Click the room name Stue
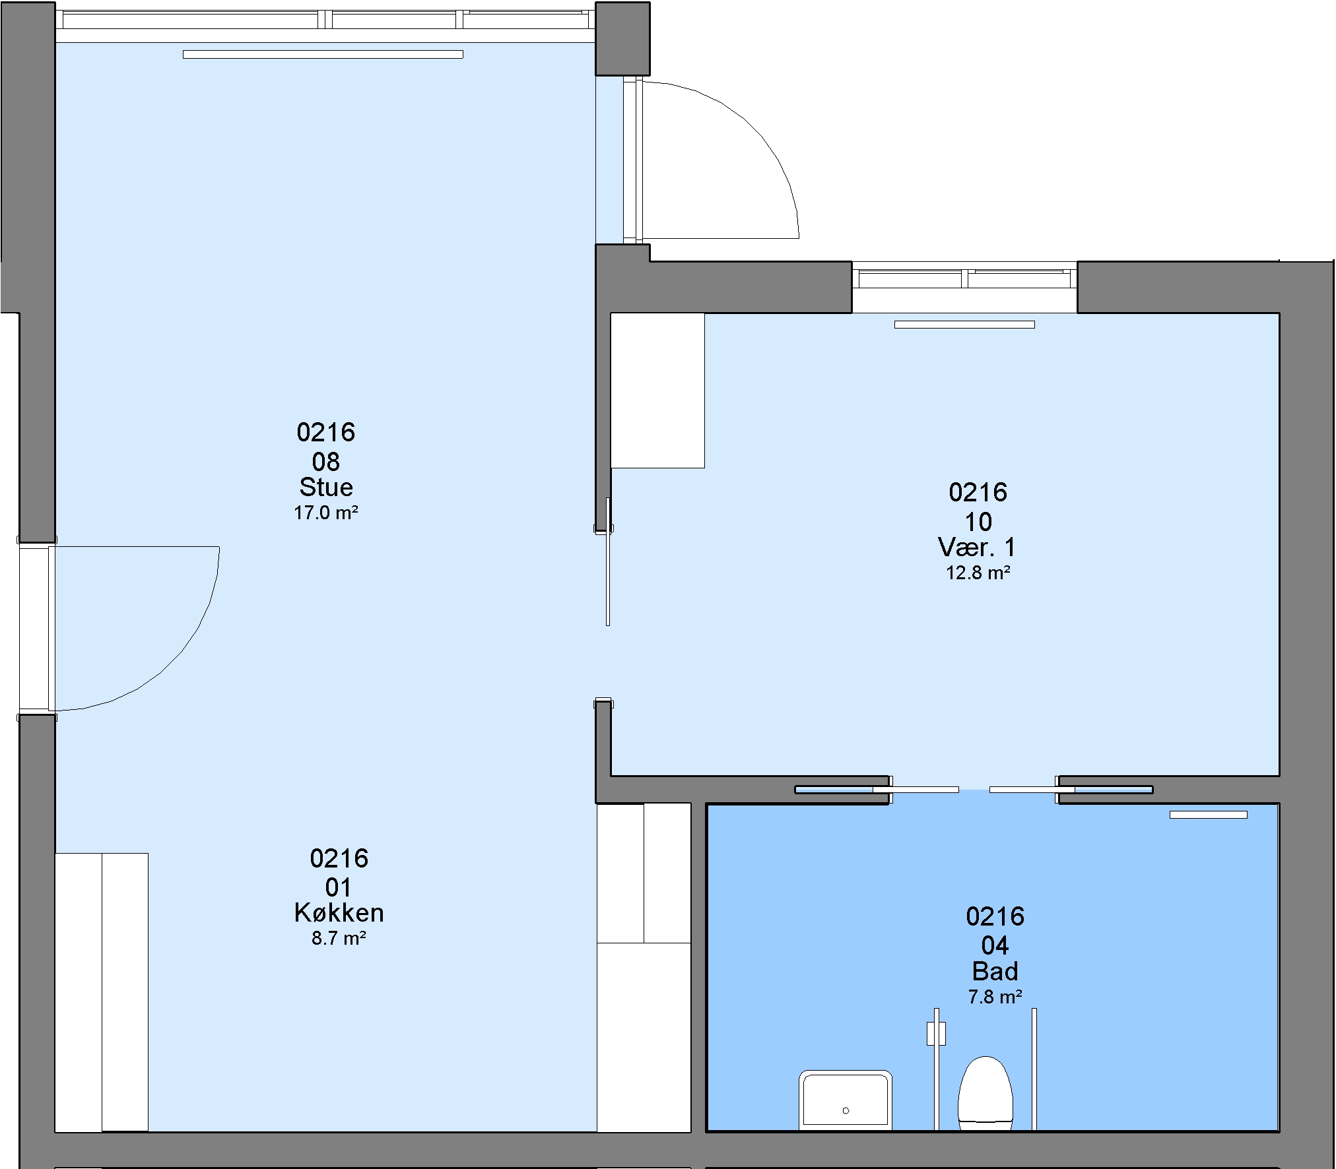click(326, 487)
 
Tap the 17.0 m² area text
click(326, 513)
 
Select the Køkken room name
click(339, 912)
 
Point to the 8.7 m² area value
click(339, 938)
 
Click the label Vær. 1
click(977, 547)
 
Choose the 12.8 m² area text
click(978, 573)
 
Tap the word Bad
click(995, 971)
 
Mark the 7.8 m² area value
click(995, 997)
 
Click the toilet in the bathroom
click(985, 1093)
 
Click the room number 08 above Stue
click(326, 461)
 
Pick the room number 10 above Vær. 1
click(978, 522)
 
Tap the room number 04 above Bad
click(995, 946)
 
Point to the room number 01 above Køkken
click(338, 887)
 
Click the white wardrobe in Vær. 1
click(657, 391)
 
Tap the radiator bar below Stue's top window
click(323, 55)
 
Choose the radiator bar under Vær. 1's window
click(964, 325)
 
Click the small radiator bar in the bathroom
click(1209, 815)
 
